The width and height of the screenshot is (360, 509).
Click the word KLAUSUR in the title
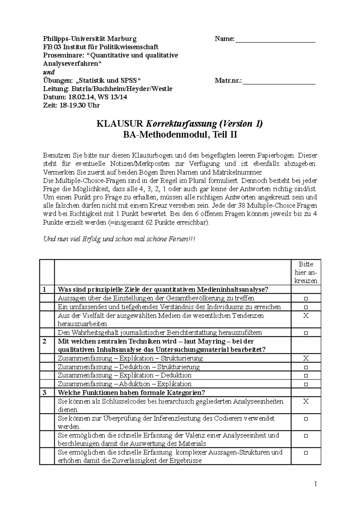pos(120,124)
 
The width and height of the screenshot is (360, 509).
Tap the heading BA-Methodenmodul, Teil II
pos(180,135)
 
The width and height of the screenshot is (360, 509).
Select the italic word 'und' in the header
pos(49,72)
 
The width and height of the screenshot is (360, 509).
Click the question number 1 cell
pos(45,290)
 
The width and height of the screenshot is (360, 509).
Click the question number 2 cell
pos(45,341)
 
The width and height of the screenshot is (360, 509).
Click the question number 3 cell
pos(45,393)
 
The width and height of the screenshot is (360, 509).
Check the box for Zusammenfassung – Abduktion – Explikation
pos(306,384)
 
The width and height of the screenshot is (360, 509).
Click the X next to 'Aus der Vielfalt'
pos(306,316)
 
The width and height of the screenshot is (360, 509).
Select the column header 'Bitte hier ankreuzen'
pos(306,272)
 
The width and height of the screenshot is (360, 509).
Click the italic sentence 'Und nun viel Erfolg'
pos(119,239)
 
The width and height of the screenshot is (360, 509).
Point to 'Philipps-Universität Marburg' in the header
pos(90,39)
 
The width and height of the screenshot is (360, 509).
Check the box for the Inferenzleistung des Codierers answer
pos(306,418)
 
